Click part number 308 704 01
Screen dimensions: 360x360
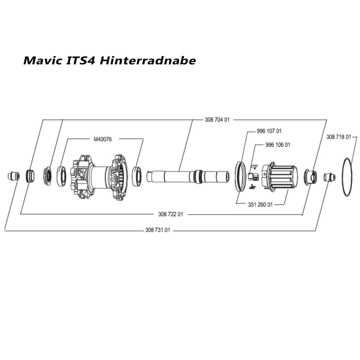[x=217, y=120]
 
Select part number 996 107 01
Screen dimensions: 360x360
[x=269, y=131]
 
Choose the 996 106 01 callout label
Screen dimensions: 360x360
[x=278, y=145]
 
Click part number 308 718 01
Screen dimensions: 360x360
[x=338, y=137]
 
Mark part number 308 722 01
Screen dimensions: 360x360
[x=170, y=214]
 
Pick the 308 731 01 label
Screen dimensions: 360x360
[x=157, y=230]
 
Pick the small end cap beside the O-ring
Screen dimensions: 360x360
[x=329, y=177]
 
